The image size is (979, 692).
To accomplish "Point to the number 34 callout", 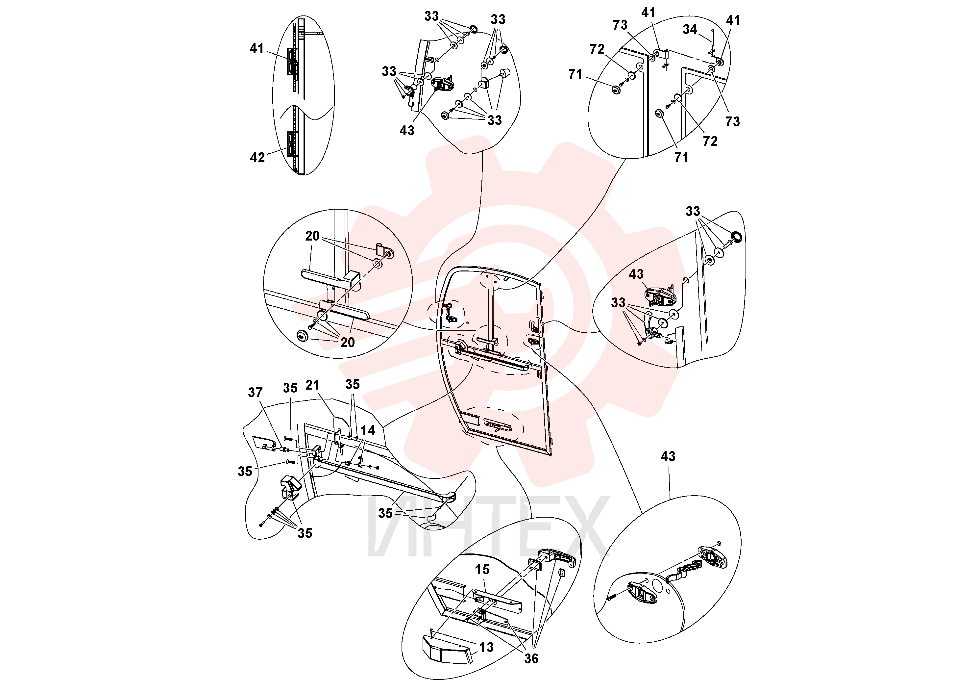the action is [x=690, y=29].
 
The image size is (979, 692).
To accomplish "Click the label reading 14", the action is [x=368, y=430].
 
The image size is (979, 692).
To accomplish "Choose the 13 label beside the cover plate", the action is [x=486, y=647].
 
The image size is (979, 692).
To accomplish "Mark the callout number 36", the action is [x=531, y=659].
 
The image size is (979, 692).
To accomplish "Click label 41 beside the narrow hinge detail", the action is [x=257, y=49].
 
